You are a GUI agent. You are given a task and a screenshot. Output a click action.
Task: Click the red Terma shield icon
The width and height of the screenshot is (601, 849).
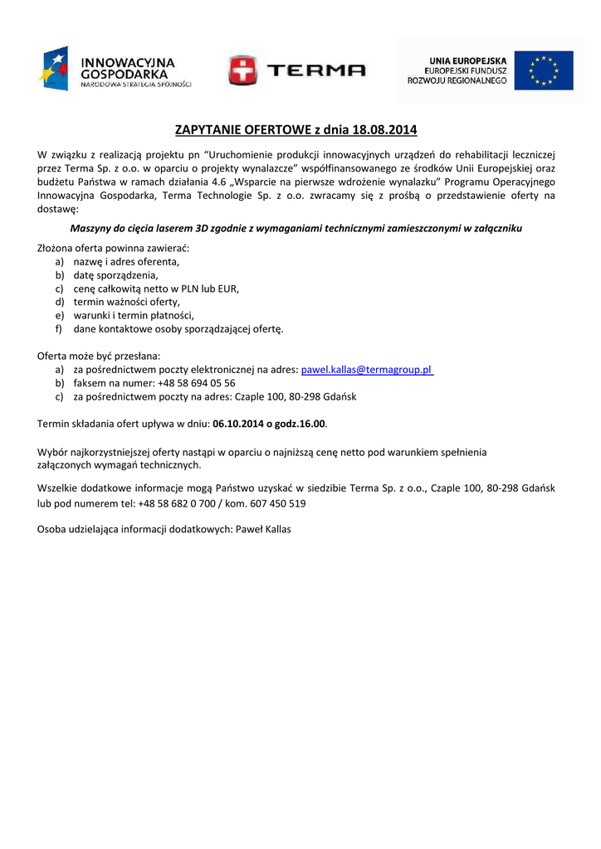pyautogui.click(x=242, y=70)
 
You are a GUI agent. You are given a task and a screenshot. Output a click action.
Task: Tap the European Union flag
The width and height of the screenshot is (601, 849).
pyautogui.click(x=543, y=70)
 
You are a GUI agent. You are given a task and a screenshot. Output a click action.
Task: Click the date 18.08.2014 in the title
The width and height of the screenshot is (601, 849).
pyautogui.click(x=384, y=130)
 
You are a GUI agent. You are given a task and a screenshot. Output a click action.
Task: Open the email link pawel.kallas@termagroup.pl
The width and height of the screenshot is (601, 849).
pyautogui.click(x=367, y=370)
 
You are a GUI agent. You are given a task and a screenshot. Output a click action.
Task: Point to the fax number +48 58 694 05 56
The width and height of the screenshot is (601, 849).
pyautogui.click(x=196, y=383)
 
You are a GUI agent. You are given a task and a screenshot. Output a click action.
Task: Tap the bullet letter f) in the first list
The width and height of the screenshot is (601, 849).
pyautogui.click(x=60, y=329)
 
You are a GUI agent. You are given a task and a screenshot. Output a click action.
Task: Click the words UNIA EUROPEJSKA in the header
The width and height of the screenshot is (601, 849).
pyautogui.click(x=468, y=60)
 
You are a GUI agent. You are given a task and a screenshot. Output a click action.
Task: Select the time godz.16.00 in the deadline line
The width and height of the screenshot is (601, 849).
pyautogui.click(x=300, y=424)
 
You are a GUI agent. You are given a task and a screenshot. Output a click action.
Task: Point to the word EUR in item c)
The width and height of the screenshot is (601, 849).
pyautogui.click(x=229, y=289)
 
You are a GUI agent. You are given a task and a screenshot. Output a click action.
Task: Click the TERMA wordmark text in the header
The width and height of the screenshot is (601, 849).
pyautogui.click(x=315, y=70)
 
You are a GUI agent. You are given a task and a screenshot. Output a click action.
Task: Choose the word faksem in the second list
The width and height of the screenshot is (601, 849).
pyautogui.click(x=89, y=383)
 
